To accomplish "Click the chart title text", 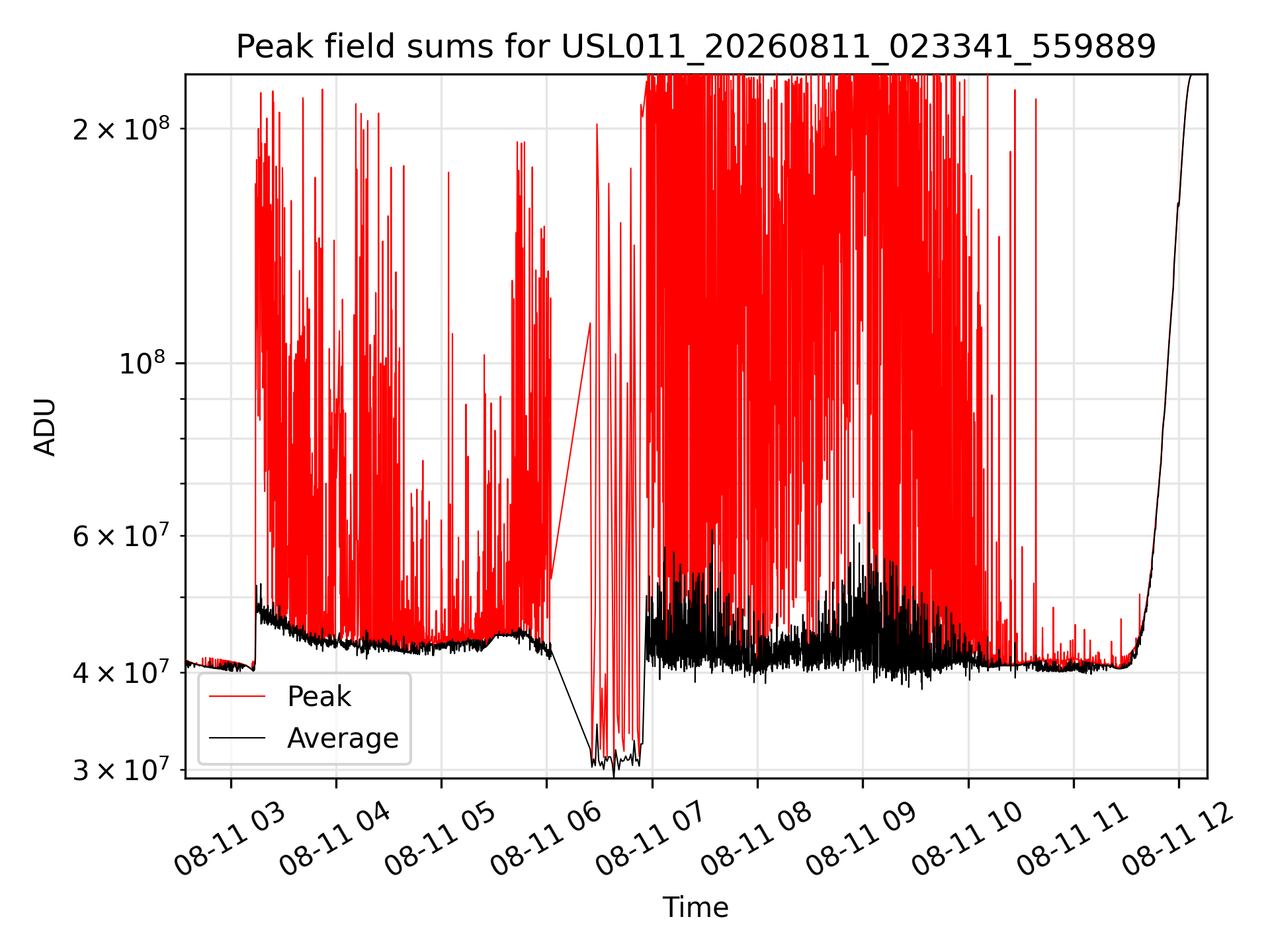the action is coord(696,47).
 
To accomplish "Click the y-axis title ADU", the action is coord(45,426).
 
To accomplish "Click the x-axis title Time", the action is coord(696,908).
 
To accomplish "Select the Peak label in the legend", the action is coord(319,697).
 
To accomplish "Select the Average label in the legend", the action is coord(343,738).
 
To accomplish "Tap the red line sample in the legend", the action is coord(237,696).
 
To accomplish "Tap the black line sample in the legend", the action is coord(237,738).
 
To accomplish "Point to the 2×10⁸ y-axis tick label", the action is coord(120,128).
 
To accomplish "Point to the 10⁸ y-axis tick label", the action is coord(144,363).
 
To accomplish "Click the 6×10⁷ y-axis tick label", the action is coord(120,535).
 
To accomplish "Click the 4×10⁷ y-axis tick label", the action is coord(120,672).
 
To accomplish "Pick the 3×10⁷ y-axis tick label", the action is coord(120,770).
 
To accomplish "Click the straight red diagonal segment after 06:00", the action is coord(571,451).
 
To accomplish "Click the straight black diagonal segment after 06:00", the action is coord(571,695).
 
